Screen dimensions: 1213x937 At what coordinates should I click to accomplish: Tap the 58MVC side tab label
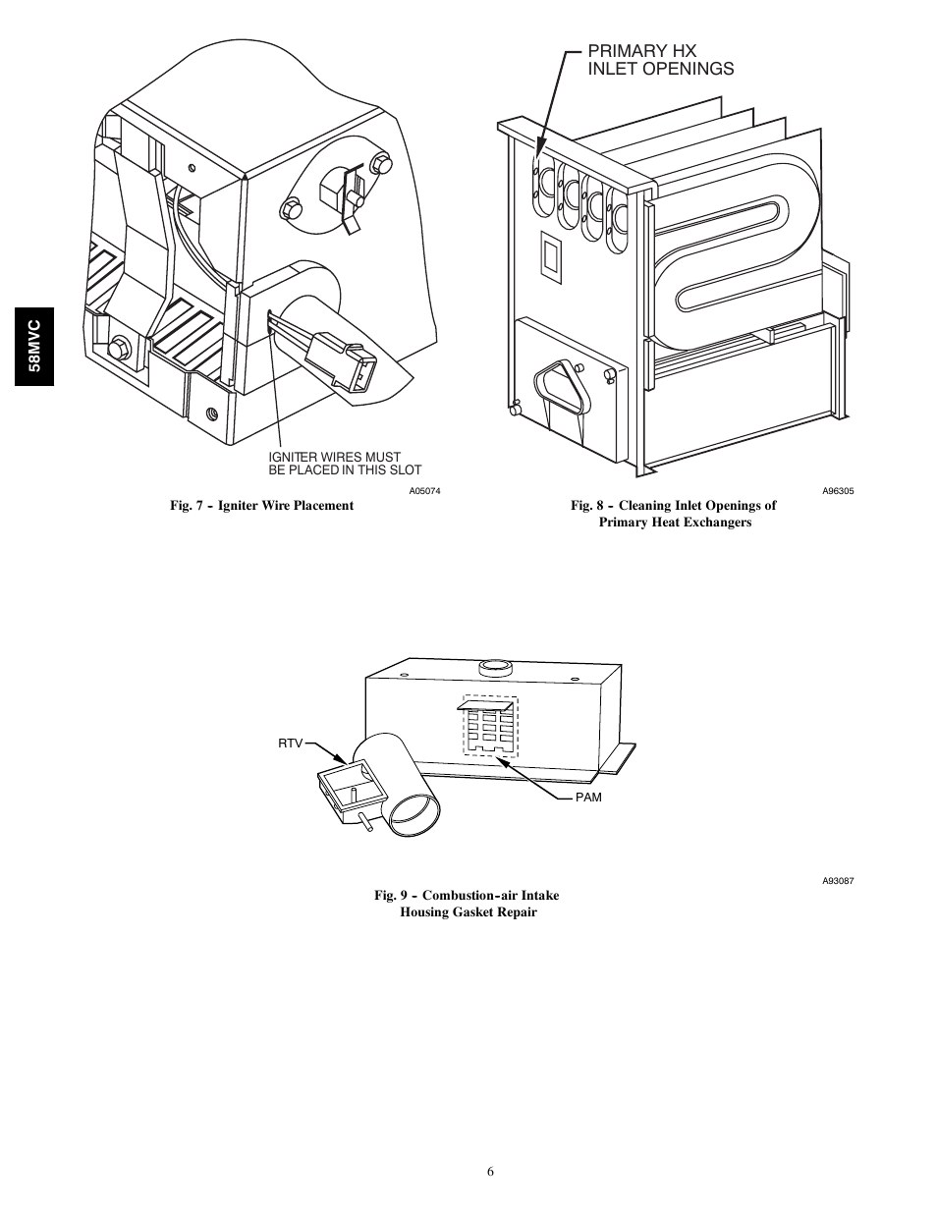pyautogui.click(x=34, y=344)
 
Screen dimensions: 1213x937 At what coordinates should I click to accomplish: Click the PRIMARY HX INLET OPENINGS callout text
pyautogui.click(x=660, y=59)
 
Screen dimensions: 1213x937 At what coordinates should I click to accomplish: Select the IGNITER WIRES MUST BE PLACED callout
pyautogui.click(x=344, y=463)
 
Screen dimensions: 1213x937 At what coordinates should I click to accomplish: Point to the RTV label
pyautogui.click(x=290, y=744)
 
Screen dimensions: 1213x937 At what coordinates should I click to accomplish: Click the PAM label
pyautogui.click(x=588, y=798)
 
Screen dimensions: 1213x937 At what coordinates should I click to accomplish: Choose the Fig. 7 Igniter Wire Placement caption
pyautogui.click(x=261, y=505)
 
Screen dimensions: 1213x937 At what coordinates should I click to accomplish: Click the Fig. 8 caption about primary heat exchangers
pyautogui.click(x=674, y=514)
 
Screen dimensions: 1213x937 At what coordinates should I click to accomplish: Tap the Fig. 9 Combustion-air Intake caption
pyautogui.click(x=468, y=904)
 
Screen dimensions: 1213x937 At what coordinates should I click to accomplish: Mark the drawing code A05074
pyautogui.click(x=424, y=491)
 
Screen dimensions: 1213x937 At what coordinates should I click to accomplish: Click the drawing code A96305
pyautogui.click(x=838, y=491)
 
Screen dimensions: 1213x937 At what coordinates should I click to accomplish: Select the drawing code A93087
pyautogui.click(x=838, y=881)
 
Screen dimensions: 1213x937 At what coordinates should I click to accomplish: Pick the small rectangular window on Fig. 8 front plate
pyautogui.click(x=549, y=256)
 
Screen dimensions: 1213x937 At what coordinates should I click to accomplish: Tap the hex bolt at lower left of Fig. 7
pyautogui.click(x=121, y=348)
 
